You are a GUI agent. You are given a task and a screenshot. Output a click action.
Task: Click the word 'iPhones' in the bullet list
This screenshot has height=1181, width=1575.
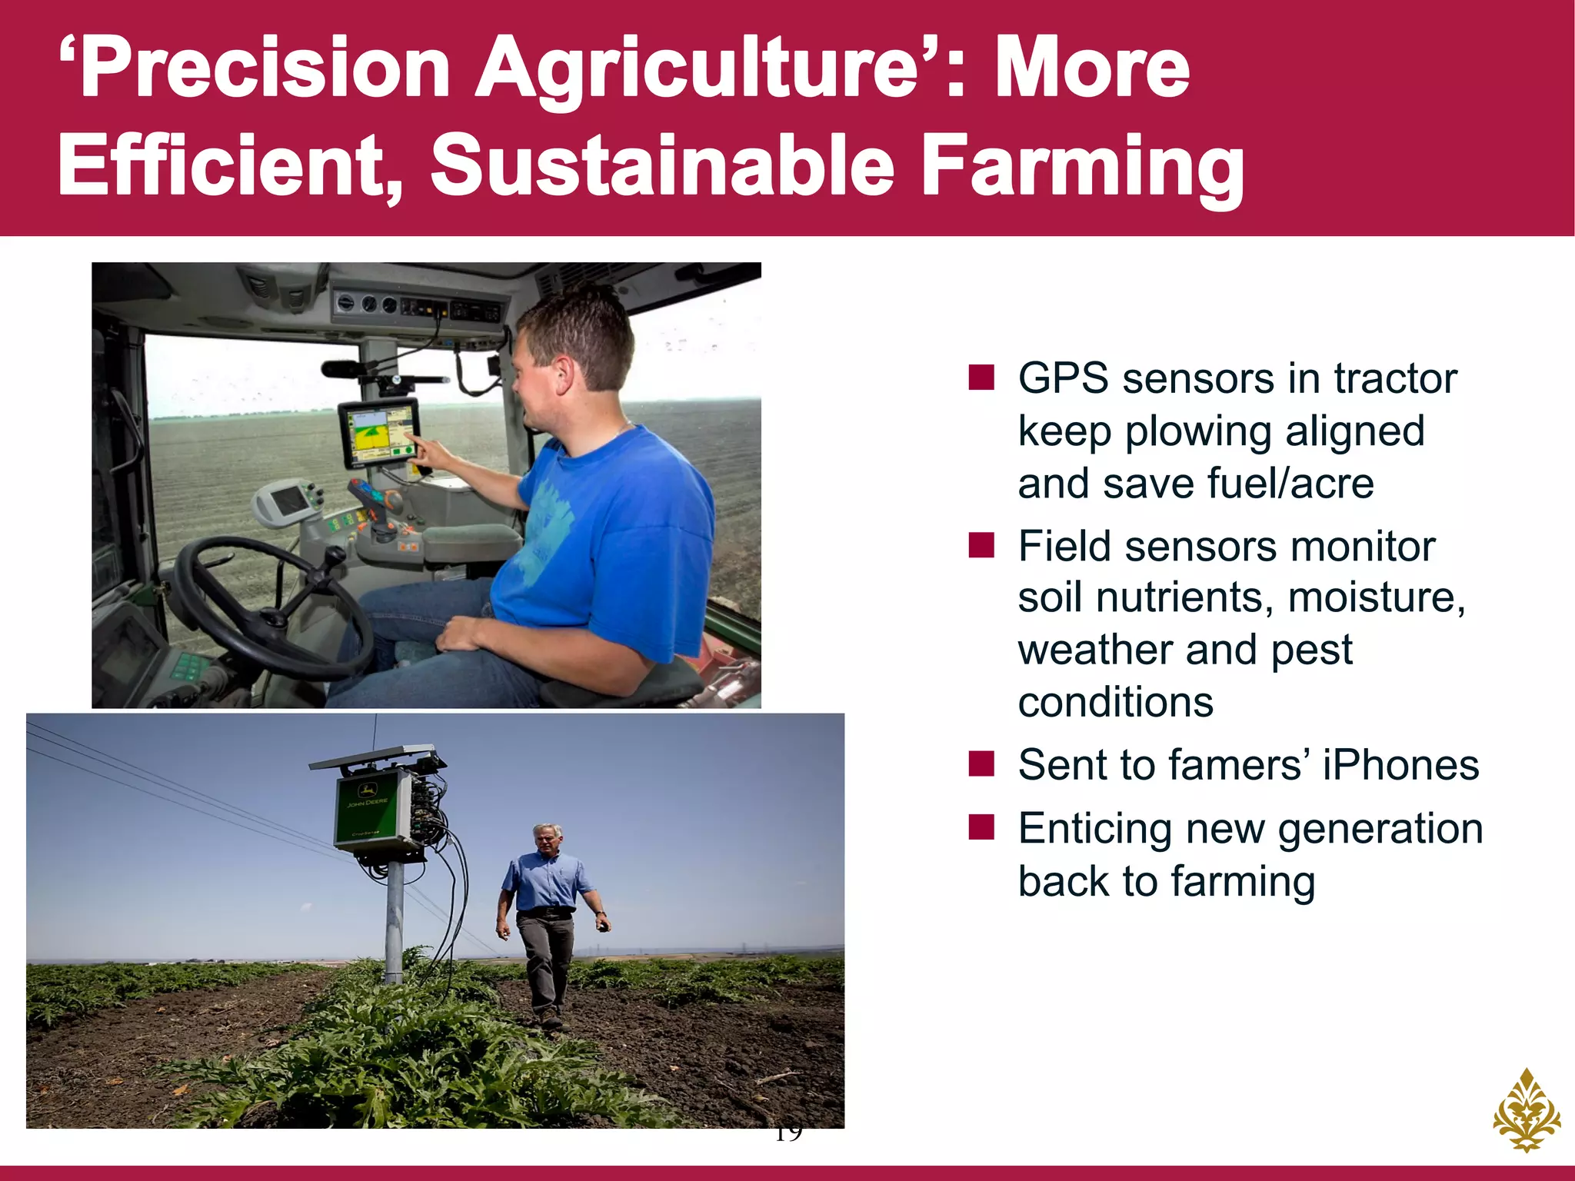pos(1400,765)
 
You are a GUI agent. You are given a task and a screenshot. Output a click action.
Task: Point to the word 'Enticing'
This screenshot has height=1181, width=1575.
pos(1095,829)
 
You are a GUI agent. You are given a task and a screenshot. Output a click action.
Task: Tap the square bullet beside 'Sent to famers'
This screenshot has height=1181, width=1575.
pos(981,764)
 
